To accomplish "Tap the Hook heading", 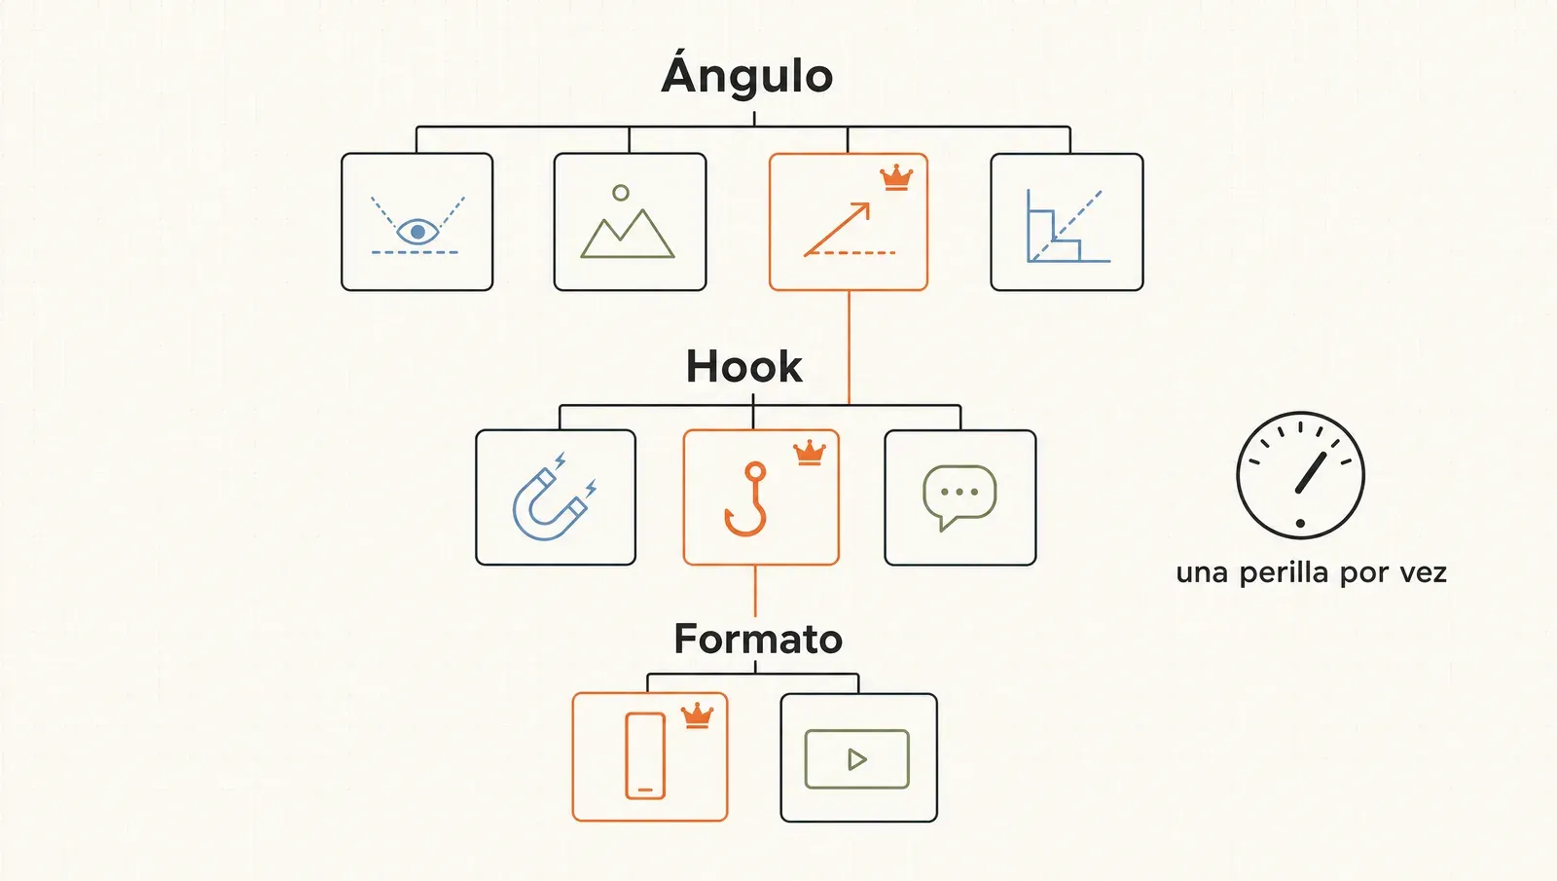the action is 743,366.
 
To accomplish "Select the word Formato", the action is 758,639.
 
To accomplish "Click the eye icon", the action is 417,232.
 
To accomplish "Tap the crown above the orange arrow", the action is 896,177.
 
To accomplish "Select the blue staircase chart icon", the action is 1068,226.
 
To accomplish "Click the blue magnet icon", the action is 554,496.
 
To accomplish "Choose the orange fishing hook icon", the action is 745,498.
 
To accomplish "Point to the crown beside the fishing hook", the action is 810,453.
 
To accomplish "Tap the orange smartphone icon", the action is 645,755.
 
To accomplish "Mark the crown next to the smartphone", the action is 697,716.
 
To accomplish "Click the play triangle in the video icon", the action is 857,759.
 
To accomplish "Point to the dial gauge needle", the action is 1311,473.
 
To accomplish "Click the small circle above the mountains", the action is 621,193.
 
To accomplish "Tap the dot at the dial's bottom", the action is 1300,523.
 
